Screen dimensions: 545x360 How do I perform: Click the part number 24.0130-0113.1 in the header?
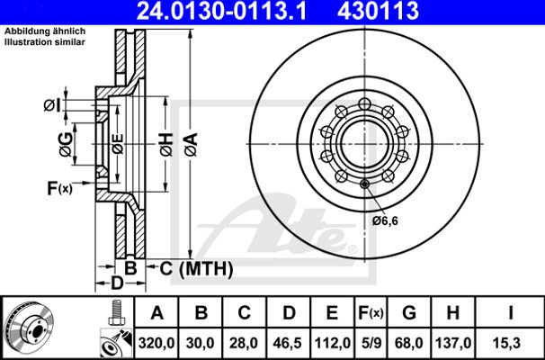coord(221,11)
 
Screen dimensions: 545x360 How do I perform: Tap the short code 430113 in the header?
coord(378,11)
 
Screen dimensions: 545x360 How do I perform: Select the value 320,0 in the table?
coord(156,344)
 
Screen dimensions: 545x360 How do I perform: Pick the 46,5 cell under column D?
coord(289,344)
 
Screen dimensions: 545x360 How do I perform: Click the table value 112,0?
coord(333,344)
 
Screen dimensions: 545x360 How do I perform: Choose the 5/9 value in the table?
coord(371,344)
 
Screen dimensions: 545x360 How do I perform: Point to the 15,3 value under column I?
coord(510,344)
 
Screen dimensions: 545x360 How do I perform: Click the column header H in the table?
coord(453,312)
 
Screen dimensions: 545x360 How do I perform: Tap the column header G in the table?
coord(409,312)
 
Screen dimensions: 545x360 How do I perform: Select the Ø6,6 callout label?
coord(385,220)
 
